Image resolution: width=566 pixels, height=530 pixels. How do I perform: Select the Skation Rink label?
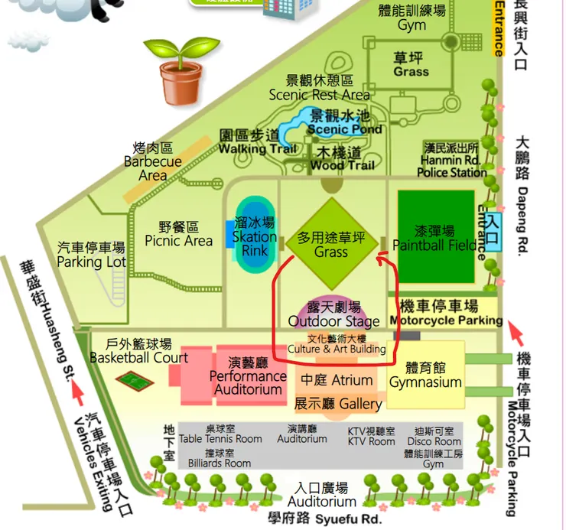coord(255,237)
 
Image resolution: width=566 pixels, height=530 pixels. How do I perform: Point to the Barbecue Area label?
coord(153,161)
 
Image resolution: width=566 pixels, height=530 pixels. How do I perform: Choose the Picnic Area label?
coord(179,234)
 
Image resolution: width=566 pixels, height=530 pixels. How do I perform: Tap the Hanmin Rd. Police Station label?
coord(451,161)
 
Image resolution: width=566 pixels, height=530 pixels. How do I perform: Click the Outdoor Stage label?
coord(333,314)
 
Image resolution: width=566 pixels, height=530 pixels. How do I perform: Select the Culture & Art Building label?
coord(336,344)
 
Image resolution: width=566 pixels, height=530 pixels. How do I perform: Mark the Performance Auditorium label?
coord(248,376)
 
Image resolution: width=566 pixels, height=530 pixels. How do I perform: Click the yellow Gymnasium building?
coord(425,375)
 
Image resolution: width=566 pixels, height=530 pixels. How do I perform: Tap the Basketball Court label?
coord(138,351)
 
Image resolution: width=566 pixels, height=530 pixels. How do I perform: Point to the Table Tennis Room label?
coord(220,434)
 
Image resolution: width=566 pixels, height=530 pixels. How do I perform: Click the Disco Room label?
coord(434,436)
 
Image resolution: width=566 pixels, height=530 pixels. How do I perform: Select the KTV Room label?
coord(371,437)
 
